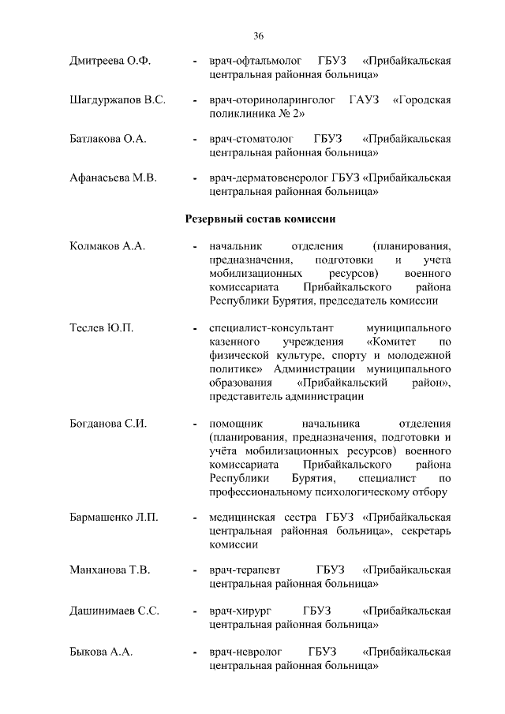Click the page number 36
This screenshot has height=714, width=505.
click(x=258, y=36)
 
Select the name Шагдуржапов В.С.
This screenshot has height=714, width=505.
click(x=118, y=100)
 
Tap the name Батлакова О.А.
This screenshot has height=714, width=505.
click(x=109, y=139)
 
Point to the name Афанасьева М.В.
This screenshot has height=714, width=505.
click(x=114, y=178)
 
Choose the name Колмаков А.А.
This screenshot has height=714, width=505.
click(x=107, y=246)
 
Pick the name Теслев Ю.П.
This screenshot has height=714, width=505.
click(x=101, y=327)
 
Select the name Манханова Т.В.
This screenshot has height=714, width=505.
click(x=110, y=570)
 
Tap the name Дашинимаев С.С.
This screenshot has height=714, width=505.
click(x=114, y=611)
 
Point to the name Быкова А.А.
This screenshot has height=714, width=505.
click(x=101, y=652)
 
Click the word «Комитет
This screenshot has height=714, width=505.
click(x=395, y=342)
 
